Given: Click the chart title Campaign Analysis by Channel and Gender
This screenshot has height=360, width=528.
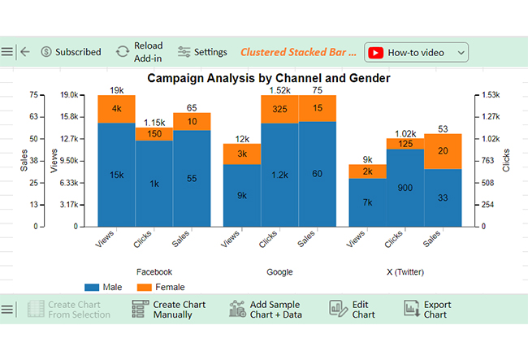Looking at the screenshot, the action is (269, 78).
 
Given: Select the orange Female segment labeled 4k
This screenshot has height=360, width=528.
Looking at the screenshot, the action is (116, 109).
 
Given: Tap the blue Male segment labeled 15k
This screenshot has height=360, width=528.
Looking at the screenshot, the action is (116, 175).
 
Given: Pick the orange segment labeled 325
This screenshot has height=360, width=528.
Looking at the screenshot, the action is (279, 110).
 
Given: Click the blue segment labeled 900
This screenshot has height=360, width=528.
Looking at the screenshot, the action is (405, 188).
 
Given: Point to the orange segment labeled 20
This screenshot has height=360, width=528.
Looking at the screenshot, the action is (443, 151).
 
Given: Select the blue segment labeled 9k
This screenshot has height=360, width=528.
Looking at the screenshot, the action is (242, 196).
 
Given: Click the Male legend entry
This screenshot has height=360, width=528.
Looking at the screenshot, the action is (103, 287).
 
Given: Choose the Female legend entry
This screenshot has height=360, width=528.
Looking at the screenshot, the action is (161, 287).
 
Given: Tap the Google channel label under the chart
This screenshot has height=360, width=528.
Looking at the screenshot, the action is (279, 272).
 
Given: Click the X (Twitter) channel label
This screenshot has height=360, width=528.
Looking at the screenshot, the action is (405, 272).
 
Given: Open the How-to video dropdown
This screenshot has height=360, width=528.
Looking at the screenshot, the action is (416, 53).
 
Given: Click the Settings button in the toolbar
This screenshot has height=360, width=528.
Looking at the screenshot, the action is (202, 52).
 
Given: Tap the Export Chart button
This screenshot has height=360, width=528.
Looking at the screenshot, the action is (427, 310).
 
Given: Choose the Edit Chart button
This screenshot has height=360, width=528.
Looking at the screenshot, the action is (353, 310).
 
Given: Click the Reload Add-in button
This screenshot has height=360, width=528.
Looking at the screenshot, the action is (139, 52).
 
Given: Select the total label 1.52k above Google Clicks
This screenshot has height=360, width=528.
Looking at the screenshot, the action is (279, 90).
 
